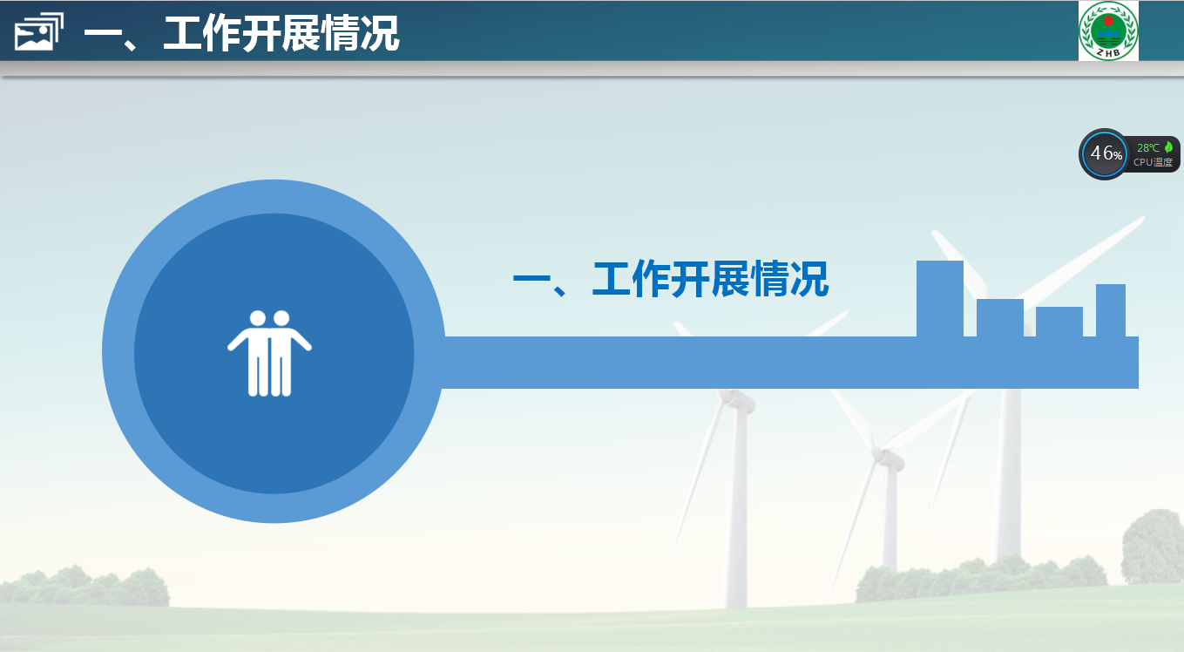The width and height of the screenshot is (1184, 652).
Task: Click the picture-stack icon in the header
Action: [39, 31]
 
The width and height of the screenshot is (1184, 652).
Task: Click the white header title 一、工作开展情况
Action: [241, 33]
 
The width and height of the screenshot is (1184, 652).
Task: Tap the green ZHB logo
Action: [1108, 31]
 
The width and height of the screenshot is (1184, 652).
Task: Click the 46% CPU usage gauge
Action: [1104, 154]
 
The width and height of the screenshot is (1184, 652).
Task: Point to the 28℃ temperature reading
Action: [1147, 147]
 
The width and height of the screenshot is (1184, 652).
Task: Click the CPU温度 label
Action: [1153, 162]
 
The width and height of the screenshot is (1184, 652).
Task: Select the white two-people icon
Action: [269, 353]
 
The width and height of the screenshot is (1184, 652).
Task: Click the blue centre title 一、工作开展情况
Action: [670, 279]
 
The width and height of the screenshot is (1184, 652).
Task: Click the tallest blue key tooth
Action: [940, 298]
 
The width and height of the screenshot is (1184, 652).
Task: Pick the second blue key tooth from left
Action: [1000, 318]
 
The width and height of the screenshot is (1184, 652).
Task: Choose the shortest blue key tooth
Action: [1059, 322]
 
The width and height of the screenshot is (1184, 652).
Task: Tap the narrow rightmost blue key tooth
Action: [1111, 310]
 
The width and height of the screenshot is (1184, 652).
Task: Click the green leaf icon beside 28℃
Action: [1168, 147]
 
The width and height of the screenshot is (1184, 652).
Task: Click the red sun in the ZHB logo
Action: [1108, 20]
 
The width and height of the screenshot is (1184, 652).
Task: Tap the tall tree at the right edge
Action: [1154, 547]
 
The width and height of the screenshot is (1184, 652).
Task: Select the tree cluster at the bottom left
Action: [85, 586]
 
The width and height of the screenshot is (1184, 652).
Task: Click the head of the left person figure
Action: [257, 318]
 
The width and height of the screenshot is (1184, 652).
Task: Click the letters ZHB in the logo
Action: [1108, 52]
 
